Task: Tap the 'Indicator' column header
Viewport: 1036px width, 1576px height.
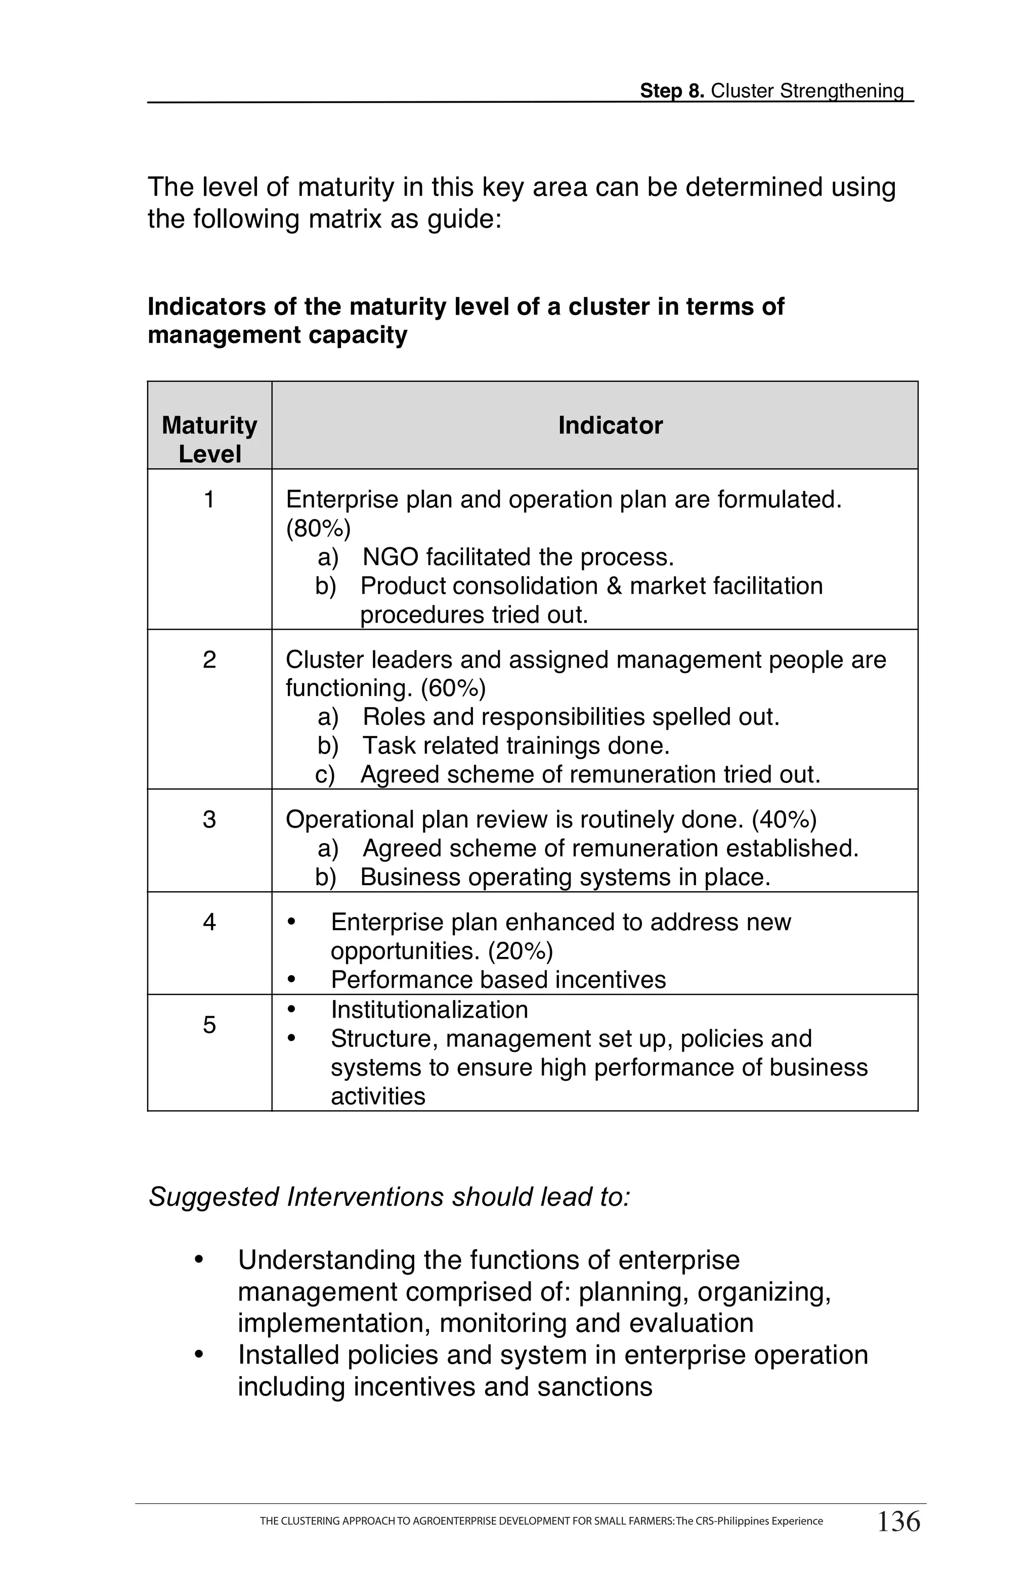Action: [x=610, y=425]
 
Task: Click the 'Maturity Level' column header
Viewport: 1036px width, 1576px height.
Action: [x=209, y=439]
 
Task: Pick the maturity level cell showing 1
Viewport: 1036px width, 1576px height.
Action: [x=209, y=499]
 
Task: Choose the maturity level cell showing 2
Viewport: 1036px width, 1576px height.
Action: [x=209, y=660]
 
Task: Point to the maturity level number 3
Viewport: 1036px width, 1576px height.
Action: [x=209, y=820]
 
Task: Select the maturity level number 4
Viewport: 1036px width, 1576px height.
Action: [x=209, y=922]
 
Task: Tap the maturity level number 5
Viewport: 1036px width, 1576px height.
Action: [x=209, y=1025]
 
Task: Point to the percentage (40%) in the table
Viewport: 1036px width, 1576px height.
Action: [x=784, y=820]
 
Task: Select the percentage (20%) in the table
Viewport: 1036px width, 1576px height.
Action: [x=520, y=951]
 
